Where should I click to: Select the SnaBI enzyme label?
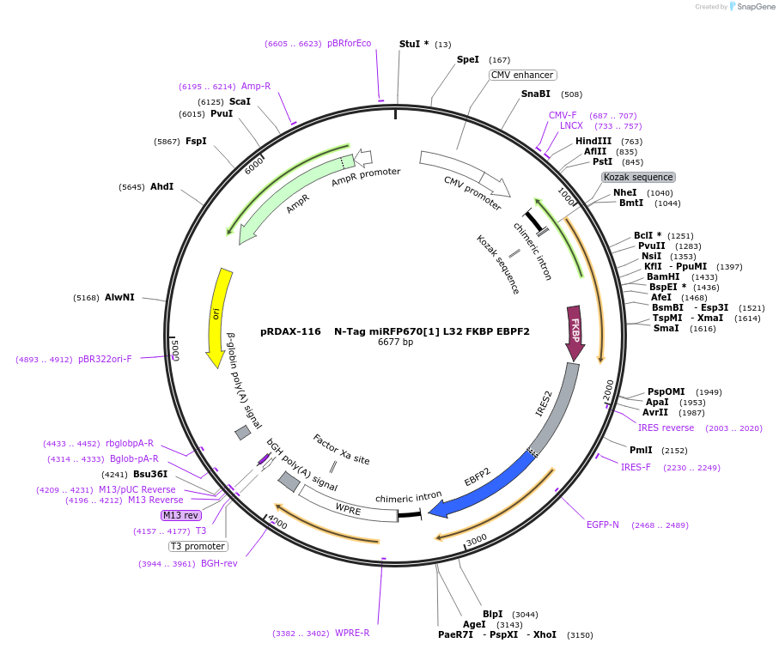pos(535,94)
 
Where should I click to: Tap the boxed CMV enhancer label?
pos(522,76)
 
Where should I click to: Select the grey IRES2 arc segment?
pos(557,404)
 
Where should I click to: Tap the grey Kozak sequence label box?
pos(638,178)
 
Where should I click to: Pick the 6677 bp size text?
pos(395,342)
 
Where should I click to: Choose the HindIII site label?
pos(593,141)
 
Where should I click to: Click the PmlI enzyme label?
pos(641,450)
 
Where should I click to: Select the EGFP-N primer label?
pos(602,525)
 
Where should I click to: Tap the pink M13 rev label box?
pos(180,515)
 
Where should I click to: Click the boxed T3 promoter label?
pos(198,546)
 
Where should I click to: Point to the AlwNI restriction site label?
pos(119,298)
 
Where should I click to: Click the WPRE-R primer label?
pos(352,633)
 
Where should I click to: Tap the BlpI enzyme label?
pos(492,614)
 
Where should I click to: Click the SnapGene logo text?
pos(752,7)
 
